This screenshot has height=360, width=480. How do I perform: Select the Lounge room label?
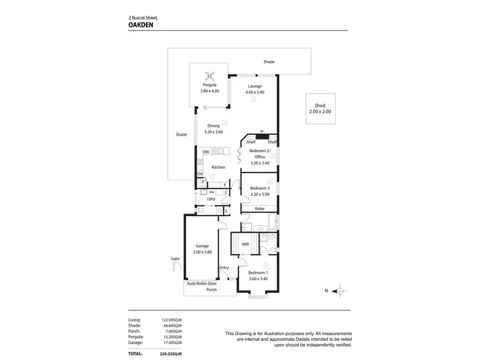tap(255, 85)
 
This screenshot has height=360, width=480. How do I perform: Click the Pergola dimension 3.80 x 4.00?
tap(210, 91)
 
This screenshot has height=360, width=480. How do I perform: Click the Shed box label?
tap(320, 106)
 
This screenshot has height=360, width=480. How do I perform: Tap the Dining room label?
tap(214, 126)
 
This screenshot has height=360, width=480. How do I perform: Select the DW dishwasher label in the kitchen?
tap(205, 152)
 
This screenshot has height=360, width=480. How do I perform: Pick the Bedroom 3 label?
tap(260, 188)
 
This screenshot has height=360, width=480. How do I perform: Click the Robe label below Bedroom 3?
tap(259, 209)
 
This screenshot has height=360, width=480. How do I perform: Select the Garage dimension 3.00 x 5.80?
tap(203, 253)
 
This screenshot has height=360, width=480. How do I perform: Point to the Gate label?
tap(175, 259)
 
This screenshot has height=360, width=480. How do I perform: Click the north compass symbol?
tap(342, 292)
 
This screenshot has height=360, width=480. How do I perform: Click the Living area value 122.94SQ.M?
tap(172, 318)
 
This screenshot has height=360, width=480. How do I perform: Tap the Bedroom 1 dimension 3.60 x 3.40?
tap(259, 279)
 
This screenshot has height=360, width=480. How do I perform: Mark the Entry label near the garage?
tap(224, 267)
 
